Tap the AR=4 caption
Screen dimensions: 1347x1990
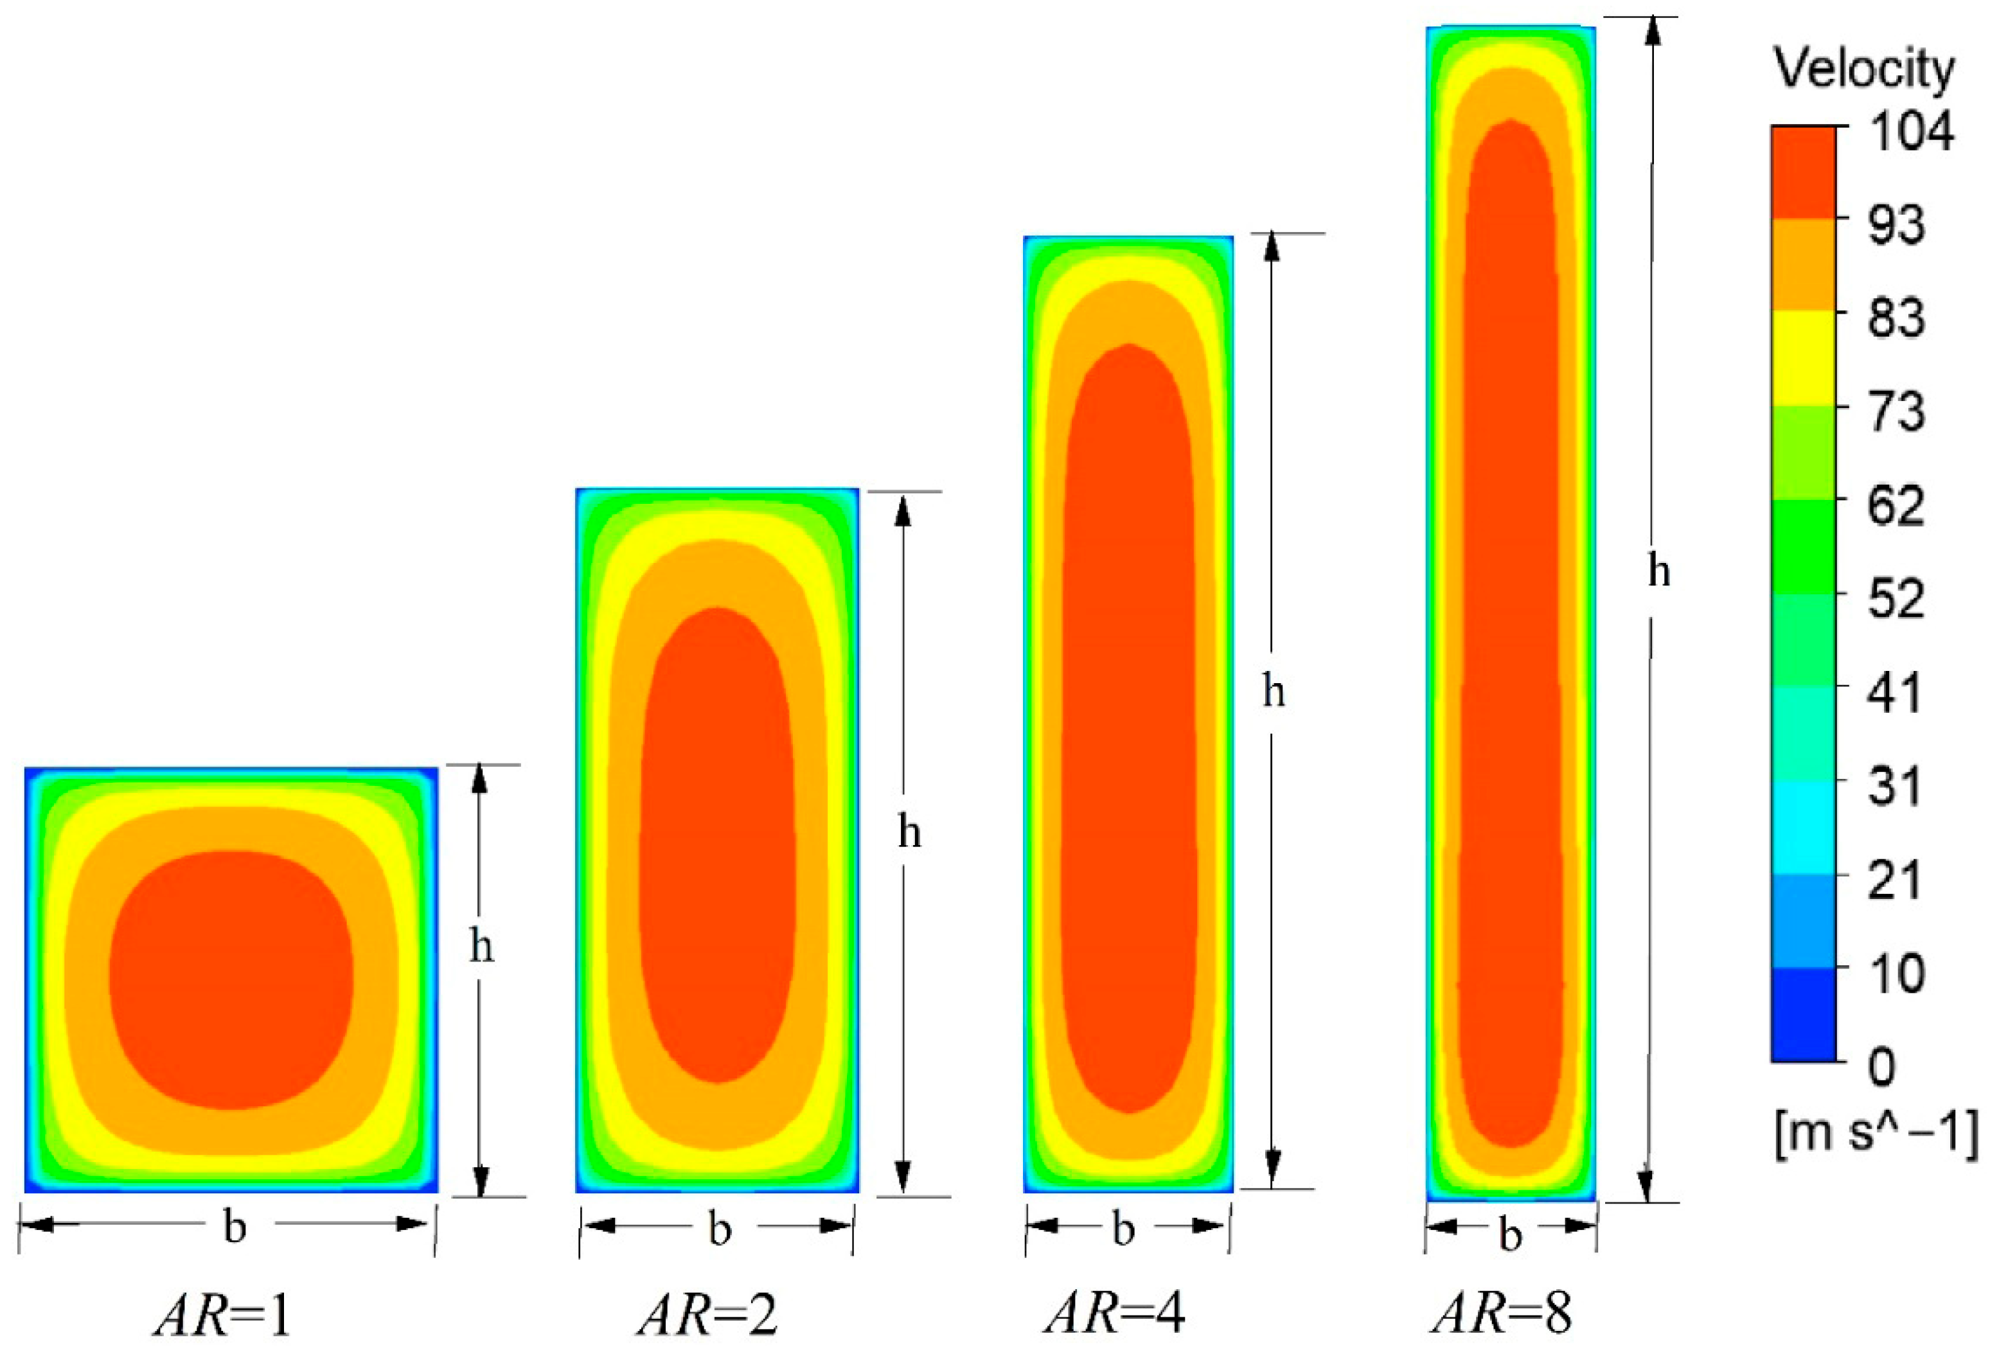[x=1115, y=1314]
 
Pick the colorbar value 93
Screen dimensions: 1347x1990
[x=1897, y=225]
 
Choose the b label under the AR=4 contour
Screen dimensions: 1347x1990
[x=1123, y=1229]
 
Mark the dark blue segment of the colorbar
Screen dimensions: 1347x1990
[x=1803, y=1015]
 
